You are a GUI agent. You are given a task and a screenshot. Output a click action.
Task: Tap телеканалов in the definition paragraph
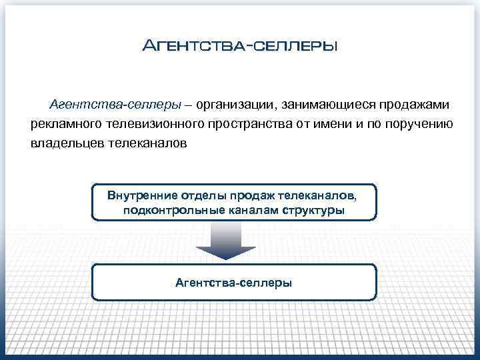coord(148,143)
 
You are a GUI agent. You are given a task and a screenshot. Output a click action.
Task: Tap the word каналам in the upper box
coord(247,211)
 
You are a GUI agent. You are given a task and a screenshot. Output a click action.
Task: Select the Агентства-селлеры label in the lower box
coord(233,283)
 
